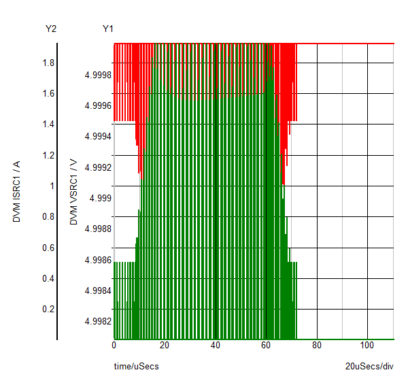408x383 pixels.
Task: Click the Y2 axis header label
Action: pyautogui.click(x=50, y=29)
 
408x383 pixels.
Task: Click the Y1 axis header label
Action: pyautogui.click(x=107, y=29)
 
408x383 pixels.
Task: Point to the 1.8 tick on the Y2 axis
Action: pyautogui.click(x=48, y=63)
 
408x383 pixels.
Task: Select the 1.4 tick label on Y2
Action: pyautogui.click(x=48, y=124)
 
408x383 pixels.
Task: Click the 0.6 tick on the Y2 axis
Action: pyautogui.click(x=48, y=248)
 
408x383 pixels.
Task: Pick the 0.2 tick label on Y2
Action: pyautogui.click(x=48, y=309)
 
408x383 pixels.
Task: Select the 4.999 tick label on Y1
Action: pyautogui.click(x=99, y=198)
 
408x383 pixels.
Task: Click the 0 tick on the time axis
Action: pyautogui.click(x=114, y=345)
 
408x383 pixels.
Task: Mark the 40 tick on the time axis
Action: pyautogui.click(x=215, y=345)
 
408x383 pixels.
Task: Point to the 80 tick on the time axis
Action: pyautogui.click(x=316, y=345)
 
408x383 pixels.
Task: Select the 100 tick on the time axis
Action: pyautogui.click(x=367, y=345)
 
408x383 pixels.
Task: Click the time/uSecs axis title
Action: pyautogui.click(x=136, y=366)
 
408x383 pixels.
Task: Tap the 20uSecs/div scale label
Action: pyautogui.click(x=369, y=366)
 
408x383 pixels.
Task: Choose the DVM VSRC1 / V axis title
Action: pyautogui.click(x=73, y=192)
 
